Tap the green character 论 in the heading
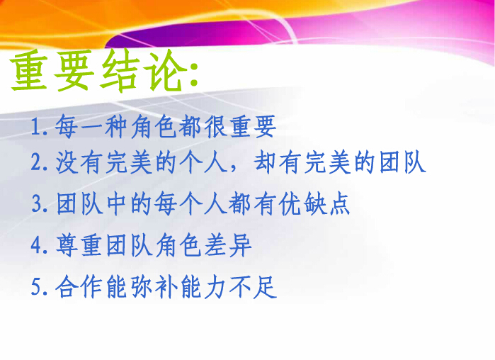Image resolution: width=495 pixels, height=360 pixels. (x=166, y=70)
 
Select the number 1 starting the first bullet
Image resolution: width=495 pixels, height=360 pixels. (x=36, y=128)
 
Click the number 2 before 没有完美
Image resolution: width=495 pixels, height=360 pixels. (x=36, y=162)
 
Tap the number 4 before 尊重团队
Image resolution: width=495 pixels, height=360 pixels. (x=36, y=245)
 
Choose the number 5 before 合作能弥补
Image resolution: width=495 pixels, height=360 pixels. (x=36, y=287)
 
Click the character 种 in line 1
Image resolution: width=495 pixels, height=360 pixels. (x=116, y=127)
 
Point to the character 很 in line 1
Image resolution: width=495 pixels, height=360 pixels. (x=215, y=127)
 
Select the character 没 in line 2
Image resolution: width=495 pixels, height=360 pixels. (x=67, y=162)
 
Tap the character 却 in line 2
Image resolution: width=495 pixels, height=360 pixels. (x=266, y=162)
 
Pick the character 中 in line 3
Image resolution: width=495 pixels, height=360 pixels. (x=117, y=203)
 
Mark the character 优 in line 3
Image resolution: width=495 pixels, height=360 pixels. (x=290, y=203)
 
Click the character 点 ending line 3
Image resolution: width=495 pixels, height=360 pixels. (x=340, y=203)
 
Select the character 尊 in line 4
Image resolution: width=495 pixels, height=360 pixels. (x=67, y=245)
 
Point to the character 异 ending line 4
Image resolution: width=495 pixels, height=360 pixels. (x=241, y=245)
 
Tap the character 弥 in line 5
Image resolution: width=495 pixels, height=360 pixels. (x=142, y=286)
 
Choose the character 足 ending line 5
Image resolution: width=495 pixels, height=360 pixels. (x=266, y=286)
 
